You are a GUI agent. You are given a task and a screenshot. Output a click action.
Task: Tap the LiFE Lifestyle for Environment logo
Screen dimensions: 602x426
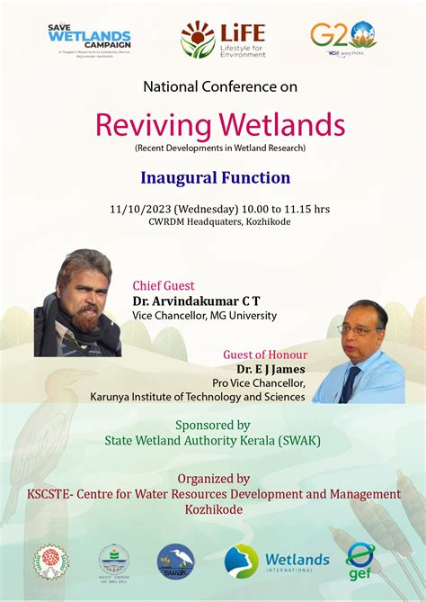coord(223,40)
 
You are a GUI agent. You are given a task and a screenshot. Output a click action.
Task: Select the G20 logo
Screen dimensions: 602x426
coord(343,38)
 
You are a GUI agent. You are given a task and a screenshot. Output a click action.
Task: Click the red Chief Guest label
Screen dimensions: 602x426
coord(164,285)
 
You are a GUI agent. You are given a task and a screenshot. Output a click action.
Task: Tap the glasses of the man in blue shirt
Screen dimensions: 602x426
coord(358,330)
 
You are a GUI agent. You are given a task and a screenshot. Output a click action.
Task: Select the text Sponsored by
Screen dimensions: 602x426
coord(213,425)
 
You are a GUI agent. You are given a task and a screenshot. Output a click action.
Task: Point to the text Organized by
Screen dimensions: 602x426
coord(213,479)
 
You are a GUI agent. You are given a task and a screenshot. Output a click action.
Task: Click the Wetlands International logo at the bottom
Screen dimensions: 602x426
coord(276,561)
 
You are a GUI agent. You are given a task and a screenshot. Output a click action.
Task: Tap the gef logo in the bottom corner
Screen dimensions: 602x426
coord(360,560)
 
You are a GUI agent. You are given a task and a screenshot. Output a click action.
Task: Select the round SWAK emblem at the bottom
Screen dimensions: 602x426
coord(175,561)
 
